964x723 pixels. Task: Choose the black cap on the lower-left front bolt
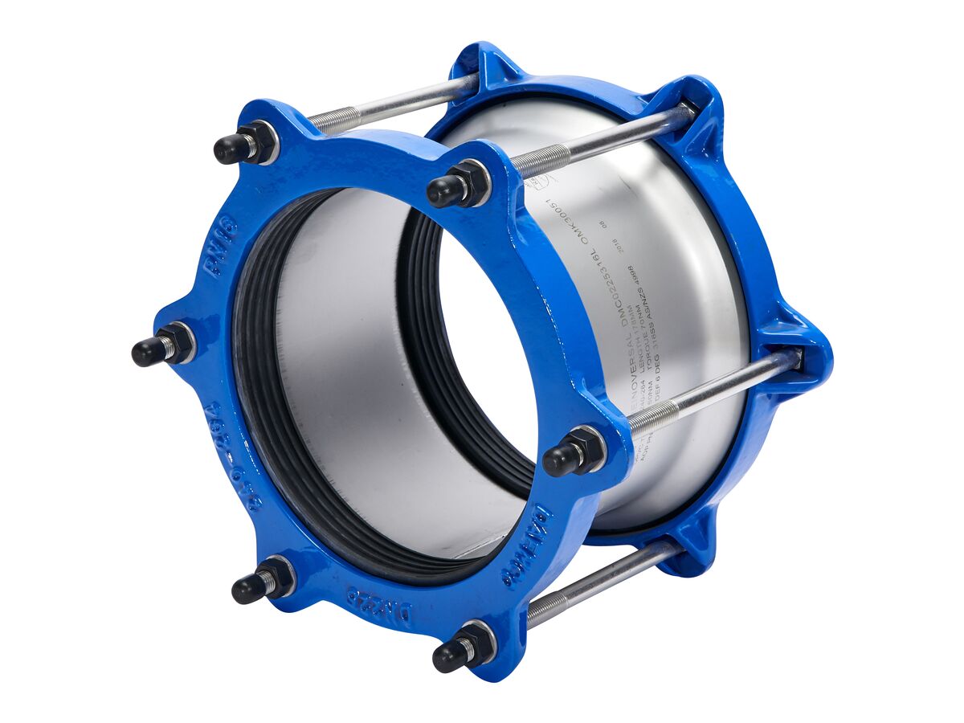(248, 589)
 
